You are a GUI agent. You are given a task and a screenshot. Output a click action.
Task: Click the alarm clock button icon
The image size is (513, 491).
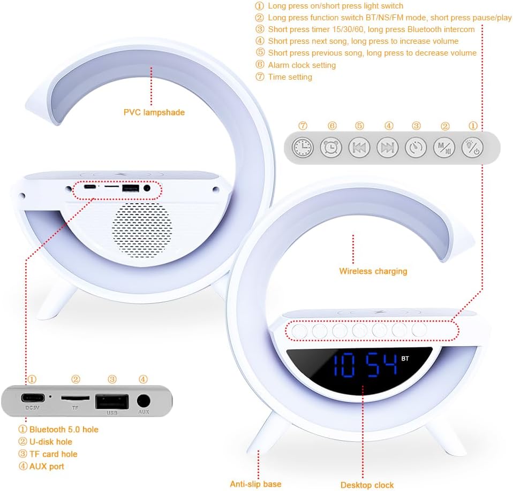(331, 147)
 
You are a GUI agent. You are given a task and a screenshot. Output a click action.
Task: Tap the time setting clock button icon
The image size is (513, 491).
(303, 147)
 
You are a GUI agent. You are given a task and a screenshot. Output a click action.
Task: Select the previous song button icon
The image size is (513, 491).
(359, 147)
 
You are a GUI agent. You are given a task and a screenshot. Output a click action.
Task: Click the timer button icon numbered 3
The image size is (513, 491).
(416, 147)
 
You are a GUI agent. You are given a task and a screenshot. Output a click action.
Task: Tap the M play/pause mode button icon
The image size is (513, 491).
(444, 147)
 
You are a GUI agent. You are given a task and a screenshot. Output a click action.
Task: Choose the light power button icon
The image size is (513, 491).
(472, 147)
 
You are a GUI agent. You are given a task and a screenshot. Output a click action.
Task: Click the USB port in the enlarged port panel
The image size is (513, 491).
(112, 401)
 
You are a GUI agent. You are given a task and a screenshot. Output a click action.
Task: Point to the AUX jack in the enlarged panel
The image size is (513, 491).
(144, 401)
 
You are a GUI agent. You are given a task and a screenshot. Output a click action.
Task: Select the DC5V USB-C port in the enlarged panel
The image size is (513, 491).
(32, 399)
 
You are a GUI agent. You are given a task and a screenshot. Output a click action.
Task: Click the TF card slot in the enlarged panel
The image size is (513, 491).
(76, 398)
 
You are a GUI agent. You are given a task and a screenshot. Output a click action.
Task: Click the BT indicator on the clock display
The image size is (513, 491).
(405, 358)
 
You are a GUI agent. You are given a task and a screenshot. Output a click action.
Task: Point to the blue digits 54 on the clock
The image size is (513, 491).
(381, 365)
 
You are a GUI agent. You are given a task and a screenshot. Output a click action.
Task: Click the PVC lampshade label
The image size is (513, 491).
(154, 112)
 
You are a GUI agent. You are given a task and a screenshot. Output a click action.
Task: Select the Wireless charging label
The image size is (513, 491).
(373, 271)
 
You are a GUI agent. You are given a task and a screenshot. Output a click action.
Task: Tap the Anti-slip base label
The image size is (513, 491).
(255, 484)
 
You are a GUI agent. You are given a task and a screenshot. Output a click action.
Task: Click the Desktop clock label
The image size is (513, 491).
(367, 485)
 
